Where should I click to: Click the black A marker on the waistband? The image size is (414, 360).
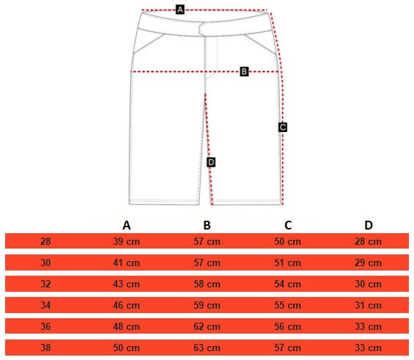click(x=180, y=10)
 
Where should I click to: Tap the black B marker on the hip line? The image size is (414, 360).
click(x=244, y=72)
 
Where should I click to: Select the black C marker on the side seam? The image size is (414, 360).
click(x=283, y=128)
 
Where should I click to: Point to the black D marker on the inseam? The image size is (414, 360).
click(x=211, y=162)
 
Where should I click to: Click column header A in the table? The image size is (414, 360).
click(x=127, y=225)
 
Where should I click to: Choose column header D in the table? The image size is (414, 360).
click(x=369, y=225)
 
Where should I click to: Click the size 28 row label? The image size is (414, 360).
click(x=45, y=241)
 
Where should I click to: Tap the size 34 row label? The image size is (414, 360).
click(x=45, y=305)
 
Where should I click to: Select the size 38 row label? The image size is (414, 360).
click(x=45, y=348)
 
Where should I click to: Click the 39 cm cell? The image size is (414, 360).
click(x=126, y=241)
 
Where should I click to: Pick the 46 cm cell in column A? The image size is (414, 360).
click(x=126, y=305)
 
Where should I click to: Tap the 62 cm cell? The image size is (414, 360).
click(x=207, y=327)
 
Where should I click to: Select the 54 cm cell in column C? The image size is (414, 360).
click(x=287, y=284)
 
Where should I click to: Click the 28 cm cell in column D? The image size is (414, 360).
click(x=368, y=241)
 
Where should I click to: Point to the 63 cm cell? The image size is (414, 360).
click(x=207, y=348)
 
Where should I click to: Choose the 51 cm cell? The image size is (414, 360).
click(x=287, y=262)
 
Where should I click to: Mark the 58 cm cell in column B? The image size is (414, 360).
click(x=207, y=284)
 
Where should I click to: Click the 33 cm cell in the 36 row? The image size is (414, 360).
click(x=368, y=327)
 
